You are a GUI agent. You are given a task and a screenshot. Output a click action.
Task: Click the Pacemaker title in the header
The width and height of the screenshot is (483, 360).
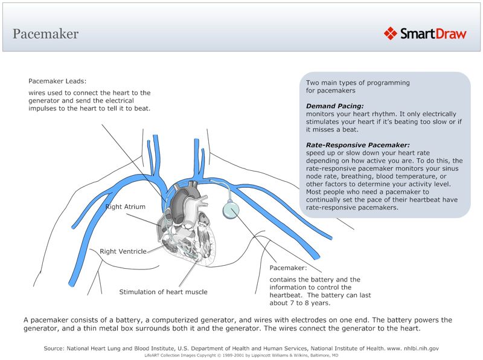click(x=45, y=34)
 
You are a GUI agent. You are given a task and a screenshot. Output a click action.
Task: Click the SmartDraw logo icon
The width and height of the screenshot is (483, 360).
click(x=391, y=33)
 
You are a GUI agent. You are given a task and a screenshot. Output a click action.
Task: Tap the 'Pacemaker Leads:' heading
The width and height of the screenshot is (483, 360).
click(x=57, y=80)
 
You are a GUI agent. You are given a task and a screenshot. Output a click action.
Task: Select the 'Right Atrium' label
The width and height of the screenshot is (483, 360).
click(x=126, y=207)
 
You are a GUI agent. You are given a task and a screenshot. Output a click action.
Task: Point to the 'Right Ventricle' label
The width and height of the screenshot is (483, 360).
click(x=123, y=251)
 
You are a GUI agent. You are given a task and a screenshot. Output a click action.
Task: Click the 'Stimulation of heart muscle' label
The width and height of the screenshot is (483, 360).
click(x=163, y=292)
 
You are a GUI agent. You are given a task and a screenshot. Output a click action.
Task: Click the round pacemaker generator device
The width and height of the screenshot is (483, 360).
click(x=230, y=210)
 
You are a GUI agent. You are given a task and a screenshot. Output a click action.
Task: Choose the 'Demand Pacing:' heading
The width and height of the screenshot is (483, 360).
click(x=334, y=106)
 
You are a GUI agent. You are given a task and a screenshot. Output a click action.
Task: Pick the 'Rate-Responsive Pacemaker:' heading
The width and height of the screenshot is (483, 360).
click(x=358, y=145)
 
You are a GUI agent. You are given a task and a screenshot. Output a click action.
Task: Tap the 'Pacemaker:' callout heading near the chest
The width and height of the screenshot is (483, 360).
click(x=288, y=267)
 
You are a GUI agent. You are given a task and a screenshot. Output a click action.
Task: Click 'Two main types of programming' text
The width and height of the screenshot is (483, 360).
click(x=357, y=83)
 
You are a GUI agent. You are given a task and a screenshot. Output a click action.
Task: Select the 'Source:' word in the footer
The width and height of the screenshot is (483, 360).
click(x=54, y=349)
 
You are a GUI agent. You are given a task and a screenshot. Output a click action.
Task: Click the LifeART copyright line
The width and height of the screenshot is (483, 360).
click(x=241, y=356)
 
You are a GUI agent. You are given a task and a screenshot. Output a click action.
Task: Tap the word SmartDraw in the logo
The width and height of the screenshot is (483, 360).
click(x=433, y=34)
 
